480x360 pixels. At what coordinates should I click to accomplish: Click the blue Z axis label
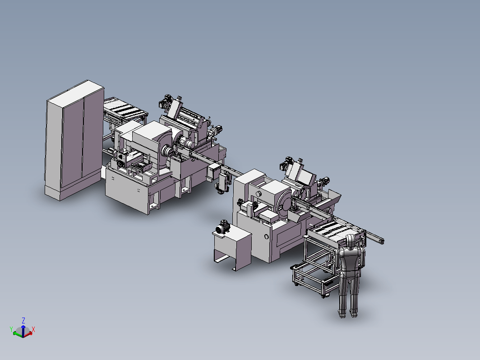coord(23,320)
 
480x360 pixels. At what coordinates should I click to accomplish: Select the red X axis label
coord(33,329)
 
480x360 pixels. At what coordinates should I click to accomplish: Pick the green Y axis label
coord(11,329)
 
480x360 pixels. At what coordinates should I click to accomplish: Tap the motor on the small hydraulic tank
coord(222,227)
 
